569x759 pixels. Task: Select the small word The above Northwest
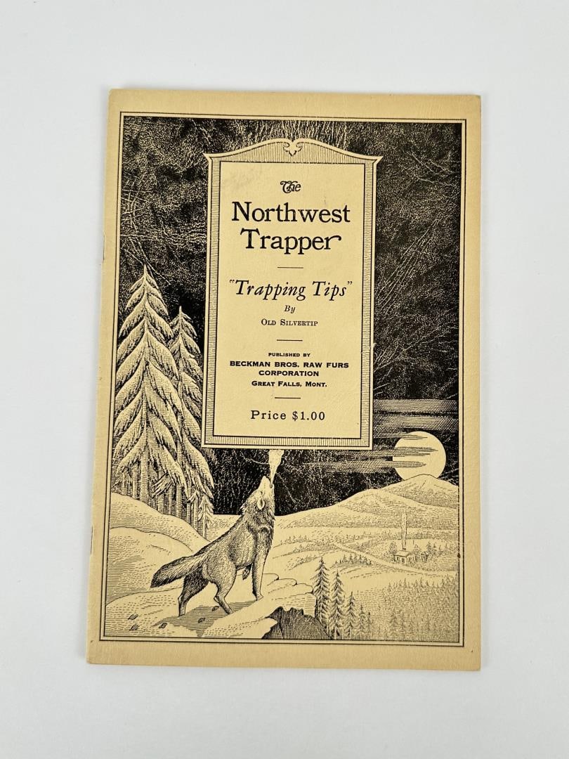pyautogui.click(x=290, y=187)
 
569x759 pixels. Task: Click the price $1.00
pyautogui.click(x=288, y=415)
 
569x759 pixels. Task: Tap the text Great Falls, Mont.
pyautogui.click(x=288, y=383)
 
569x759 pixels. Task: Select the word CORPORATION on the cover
pyautogui.click(x=288, y=373)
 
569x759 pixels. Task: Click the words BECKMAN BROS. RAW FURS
pyautogui.click(x=289, y=363)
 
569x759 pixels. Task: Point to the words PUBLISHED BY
pyautogui.click(x=288, y=353)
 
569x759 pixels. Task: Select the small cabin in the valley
pyautogui.click(x=403, y=557)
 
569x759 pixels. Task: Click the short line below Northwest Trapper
pyautogui.click(x=290, y=267)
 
